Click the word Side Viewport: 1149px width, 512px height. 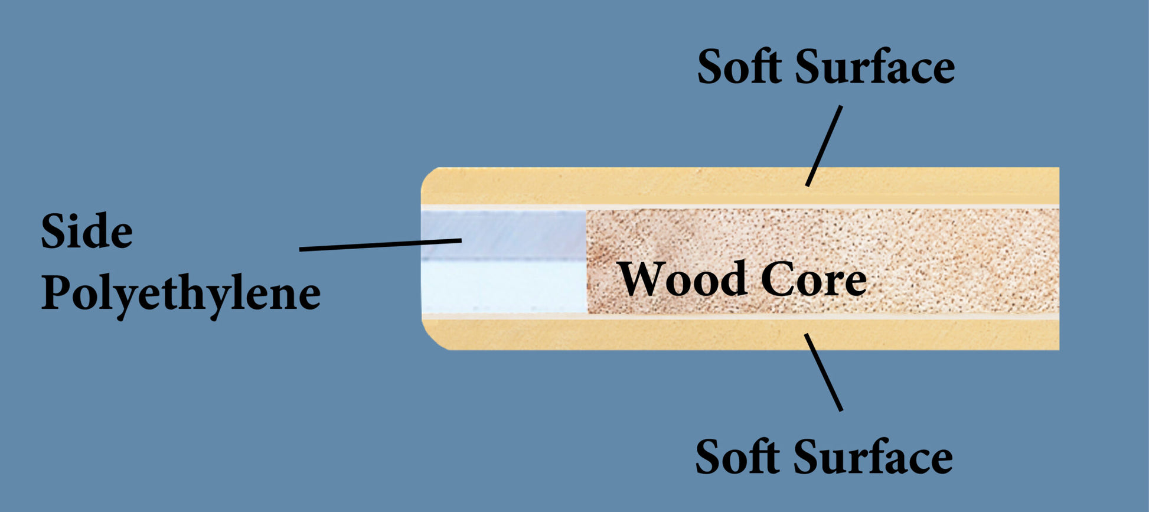click(x=87, y=231)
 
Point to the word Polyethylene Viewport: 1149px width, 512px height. click(x=181, y=293)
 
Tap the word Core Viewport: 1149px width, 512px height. click(x=814, y=279)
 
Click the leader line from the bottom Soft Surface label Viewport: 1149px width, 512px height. click(x=823, y=372)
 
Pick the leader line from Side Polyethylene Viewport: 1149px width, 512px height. click(x=380, y=244)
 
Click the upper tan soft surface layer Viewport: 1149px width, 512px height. click(x=649, y=186)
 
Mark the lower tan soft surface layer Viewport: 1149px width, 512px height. click(x=649, y=334)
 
